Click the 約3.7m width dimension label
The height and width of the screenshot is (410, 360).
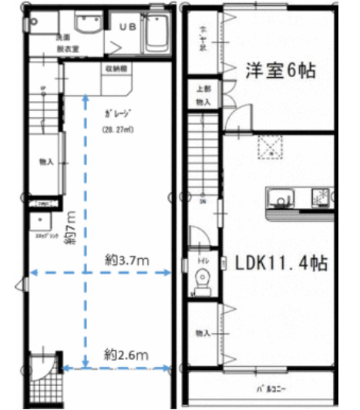click(126, 260)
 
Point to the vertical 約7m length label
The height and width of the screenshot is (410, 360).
click(69, 228)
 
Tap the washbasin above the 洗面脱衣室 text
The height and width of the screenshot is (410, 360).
click(86, 25)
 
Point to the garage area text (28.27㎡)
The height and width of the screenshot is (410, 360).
click(118, 129)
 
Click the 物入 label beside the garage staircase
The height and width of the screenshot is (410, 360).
click(46, 162)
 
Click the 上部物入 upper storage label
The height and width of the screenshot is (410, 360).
click(204, 95)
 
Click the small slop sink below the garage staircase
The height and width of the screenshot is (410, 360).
click(38, 223)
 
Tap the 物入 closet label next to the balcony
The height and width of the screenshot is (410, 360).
click(203, 333)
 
